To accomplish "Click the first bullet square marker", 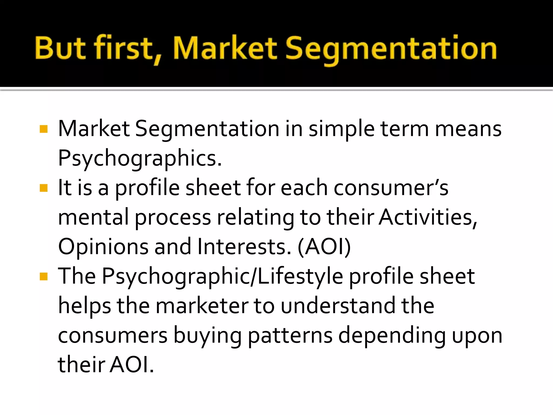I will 43,129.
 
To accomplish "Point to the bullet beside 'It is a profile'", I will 43,188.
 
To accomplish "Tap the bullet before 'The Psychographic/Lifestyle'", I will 43,276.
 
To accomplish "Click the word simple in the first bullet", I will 341,129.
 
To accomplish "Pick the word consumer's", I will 391,188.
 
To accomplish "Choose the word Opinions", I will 103,246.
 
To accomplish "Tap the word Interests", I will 244,246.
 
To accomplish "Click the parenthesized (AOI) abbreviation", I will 324,246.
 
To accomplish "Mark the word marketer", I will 202,306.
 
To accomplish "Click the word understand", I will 338,306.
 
